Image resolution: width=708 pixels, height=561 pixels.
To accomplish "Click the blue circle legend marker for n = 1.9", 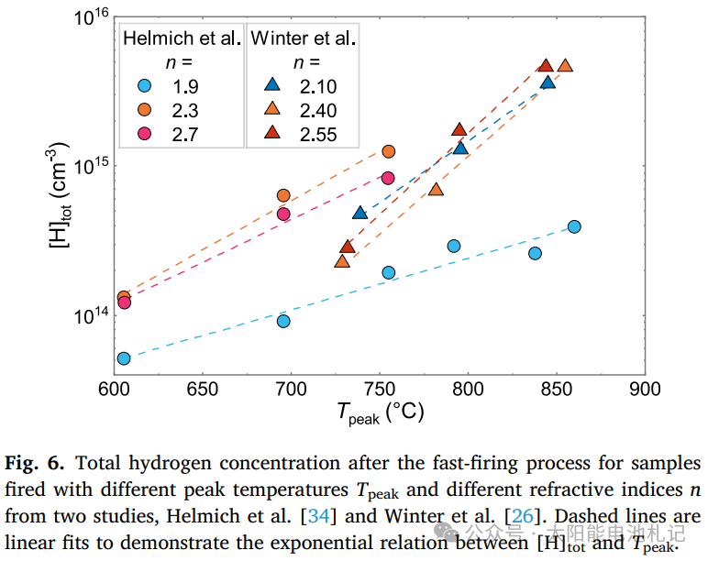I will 144,88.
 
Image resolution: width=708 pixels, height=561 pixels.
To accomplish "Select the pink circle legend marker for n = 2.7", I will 144,136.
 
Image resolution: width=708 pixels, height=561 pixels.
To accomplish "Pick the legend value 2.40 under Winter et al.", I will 317,112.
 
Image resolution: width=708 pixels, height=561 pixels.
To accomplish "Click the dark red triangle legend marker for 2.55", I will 271,136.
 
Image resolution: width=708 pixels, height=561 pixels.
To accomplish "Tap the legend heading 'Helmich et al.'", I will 182,38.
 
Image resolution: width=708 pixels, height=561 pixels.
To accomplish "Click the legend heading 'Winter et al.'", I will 304,38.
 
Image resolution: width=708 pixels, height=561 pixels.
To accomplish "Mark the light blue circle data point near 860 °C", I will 574,226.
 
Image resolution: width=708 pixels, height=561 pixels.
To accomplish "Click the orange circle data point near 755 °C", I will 388,151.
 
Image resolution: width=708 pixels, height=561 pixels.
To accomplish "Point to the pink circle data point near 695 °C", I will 283,214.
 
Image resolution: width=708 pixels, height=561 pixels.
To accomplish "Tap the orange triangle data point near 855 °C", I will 565,66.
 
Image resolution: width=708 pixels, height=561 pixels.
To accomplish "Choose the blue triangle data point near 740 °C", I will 360,214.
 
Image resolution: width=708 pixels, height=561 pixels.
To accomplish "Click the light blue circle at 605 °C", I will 124,358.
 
